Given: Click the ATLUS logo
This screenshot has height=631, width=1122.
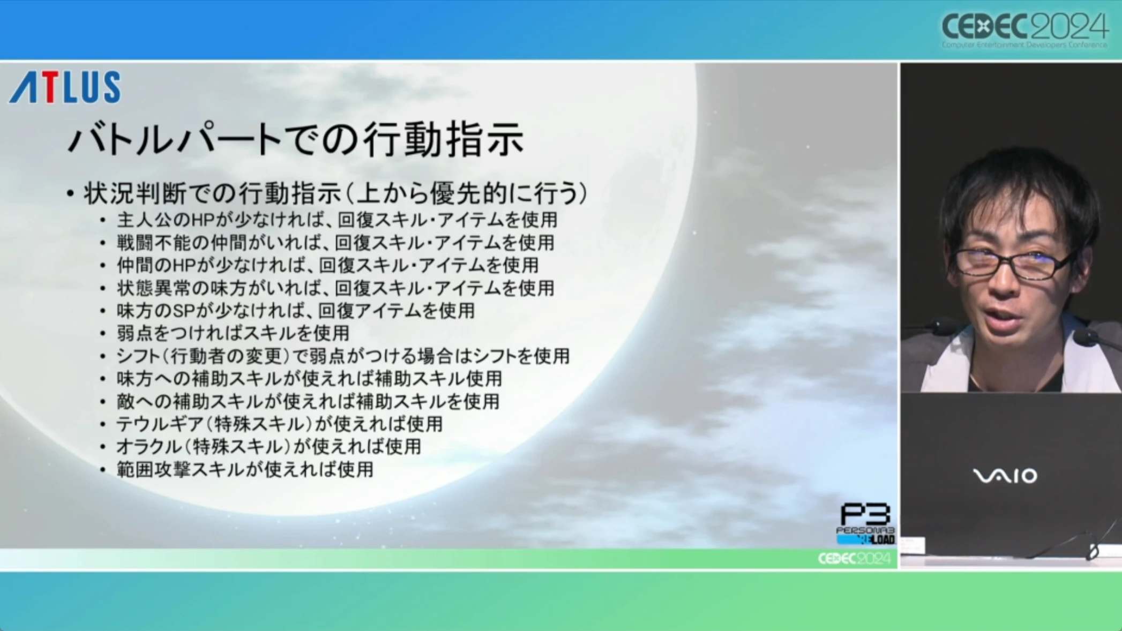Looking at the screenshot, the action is click(x=65, y=87).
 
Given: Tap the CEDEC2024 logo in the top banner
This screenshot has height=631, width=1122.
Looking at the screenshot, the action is click(x=1024, y=29).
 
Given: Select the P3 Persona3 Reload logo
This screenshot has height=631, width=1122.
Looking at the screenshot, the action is click(x=865, y=523).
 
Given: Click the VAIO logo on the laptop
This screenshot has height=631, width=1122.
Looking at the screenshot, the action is click(x=1005, y=476).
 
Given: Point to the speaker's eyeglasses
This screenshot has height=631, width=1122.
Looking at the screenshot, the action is click(x=1013, y=264).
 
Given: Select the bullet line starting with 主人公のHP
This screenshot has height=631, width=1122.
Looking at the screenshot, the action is click(x=337, y=220).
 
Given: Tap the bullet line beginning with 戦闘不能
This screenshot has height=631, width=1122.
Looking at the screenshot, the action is click(x=335, y=243).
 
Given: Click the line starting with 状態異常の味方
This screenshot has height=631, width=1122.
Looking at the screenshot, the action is click(x=335, y=288).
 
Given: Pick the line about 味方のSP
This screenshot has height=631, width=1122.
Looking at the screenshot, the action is click(x=296, y=311).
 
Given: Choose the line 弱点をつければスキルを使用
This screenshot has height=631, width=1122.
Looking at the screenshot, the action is click(x=233, y=333).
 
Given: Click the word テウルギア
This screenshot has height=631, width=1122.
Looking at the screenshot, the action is click(x=160, y=424).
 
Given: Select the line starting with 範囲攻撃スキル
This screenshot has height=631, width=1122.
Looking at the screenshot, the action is click(x=245, y=470).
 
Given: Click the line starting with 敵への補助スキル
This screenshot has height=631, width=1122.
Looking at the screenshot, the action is click(x=308, y=402).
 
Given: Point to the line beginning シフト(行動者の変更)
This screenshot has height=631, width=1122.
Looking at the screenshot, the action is click(x=343, y=356).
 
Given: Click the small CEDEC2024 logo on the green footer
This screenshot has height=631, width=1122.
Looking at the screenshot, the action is click(x=854, y=559).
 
